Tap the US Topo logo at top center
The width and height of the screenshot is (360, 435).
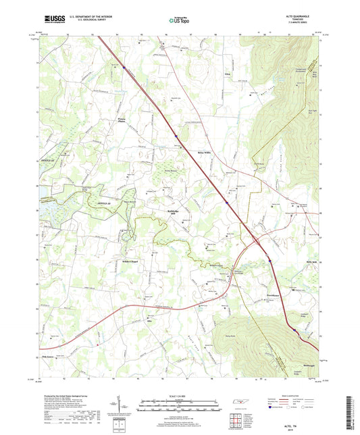[x=178, y=22]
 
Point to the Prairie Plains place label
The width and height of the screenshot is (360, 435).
[x=118, y=123]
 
